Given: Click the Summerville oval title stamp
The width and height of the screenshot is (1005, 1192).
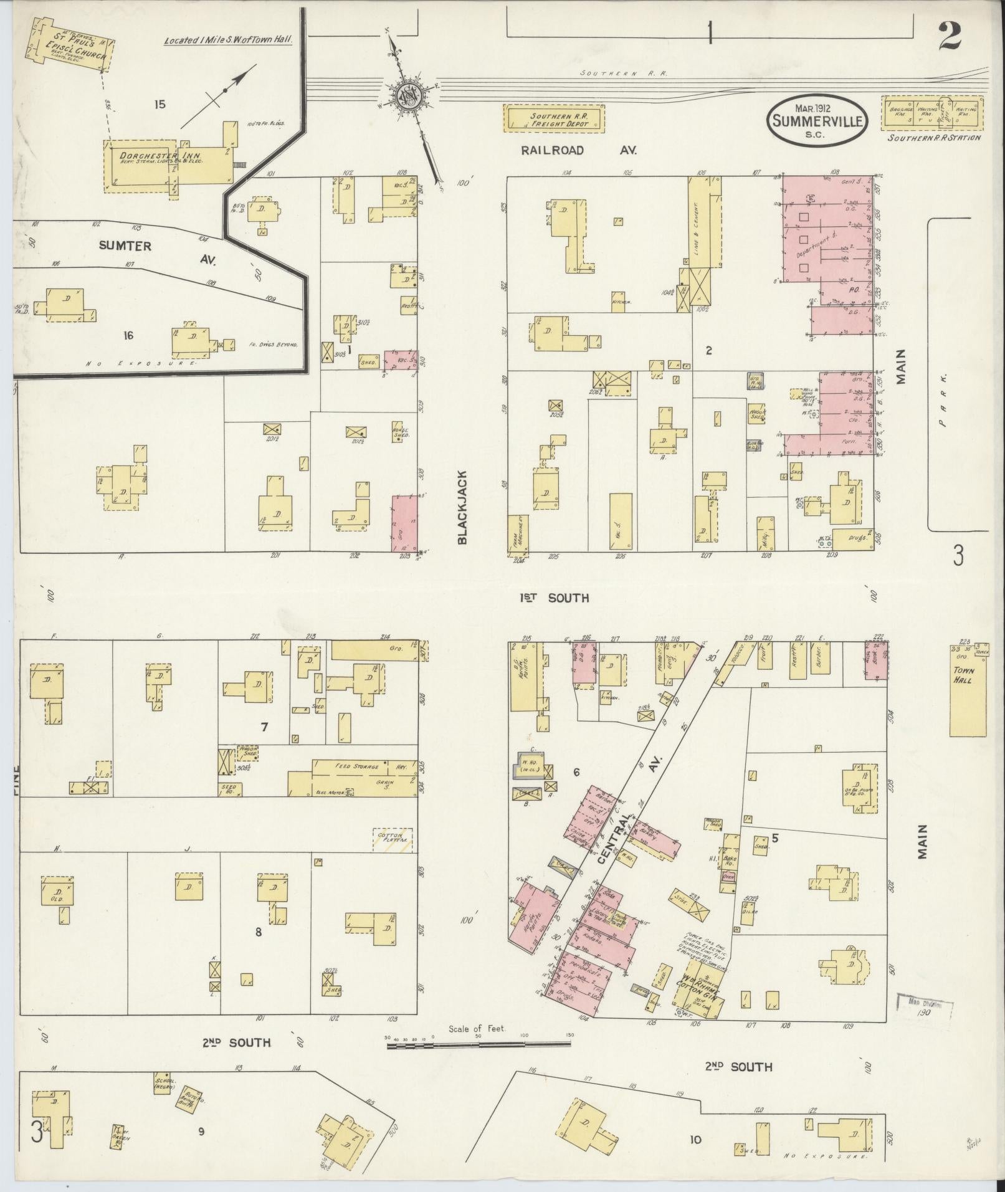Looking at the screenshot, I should pos(817,122).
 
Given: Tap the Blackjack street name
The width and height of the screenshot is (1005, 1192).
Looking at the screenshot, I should pos(462,507).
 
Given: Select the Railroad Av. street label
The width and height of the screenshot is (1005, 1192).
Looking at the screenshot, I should pos(579,150).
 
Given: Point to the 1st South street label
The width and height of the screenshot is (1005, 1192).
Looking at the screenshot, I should pos(555,598).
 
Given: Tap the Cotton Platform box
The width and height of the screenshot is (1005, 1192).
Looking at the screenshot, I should pos(393,840).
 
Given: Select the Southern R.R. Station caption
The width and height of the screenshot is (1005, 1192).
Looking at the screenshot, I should pos(934,138).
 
